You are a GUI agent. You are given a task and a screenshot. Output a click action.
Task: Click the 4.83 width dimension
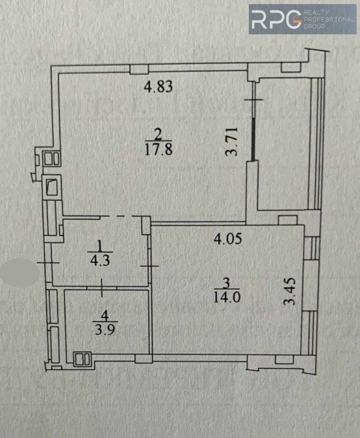point(158,86)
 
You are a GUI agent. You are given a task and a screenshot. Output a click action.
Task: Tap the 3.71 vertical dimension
point(231,141)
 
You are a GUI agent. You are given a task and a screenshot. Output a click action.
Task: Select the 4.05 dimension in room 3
point(228,239)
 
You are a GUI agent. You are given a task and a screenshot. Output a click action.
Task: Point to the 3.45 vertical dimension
point(289,292)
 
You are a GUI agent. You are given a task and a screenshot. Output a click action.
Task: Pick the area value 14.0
point(227,297)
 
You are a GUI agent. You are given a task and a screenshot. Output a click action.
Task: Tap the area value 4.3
point(100,261)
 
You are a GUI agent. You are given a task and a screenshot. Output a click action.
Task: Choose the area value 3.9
point(105,330)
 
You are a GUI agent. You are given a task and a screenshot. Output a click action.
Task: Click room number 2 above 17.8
point(158,135)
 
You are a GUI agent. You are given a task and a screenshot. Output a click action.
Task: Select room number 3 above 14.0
point(227,283)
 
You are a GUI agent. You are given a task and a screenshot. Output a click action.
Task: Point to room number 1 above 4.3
point(100,246)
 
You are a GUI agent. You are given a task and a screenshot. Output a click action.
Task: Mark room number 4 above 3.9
point(105,316)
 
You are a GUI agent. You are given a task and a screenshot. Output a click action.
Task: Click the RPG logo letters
point(276,20)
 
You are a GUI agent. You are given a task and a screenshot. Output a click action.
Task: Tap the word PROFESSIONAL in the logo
point(329,20)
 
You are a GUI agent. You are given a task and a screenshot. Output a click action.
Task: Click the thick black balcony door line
point(254,139)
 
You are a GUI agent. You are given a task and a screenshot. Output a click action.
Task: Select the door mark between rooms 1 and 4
point(101,288)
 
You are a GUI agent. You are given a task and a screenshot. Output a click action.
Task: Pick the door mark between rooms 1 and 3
point(150,266)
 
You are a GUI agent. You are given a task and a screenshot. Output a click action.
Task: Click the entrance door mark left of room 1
point(48,263)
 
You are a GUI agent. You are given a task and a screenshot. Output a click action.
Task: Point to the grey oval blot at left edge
point(20,272)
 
